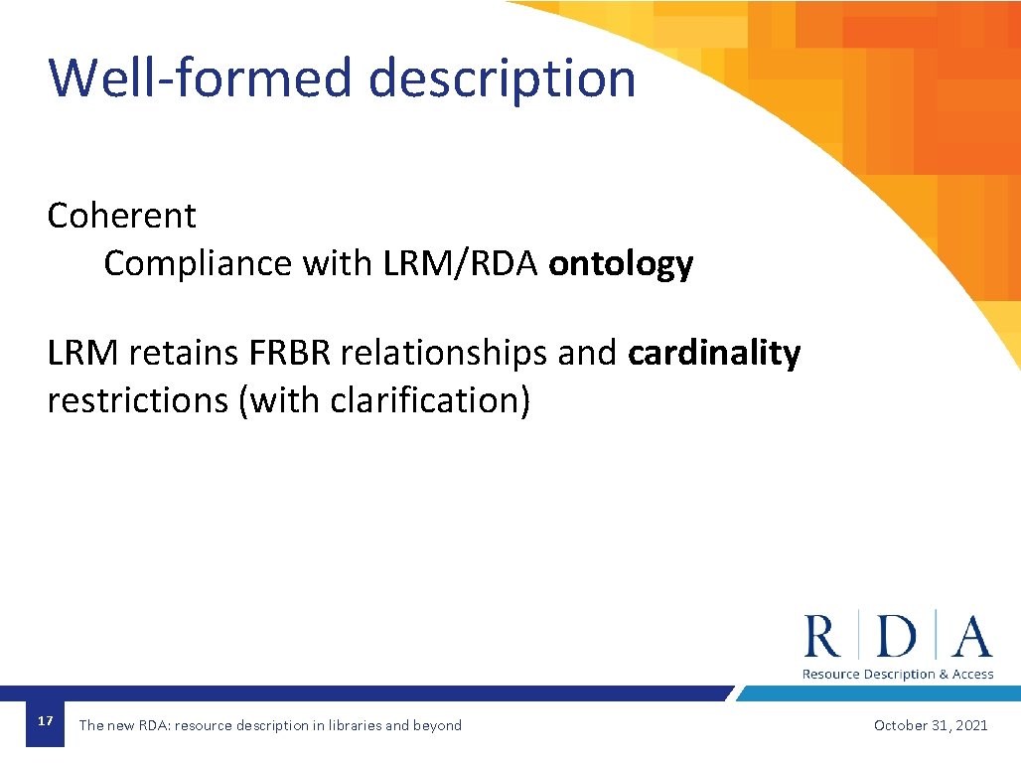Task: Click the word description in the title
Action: (x=502, y=79)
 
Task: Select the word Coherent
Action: (x=121, y=216)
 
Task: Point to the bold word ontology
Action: (x=621, y=264)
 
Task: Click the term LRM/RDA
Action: (x=460, y=264)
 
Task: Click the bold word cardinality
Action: (x=714, y=353)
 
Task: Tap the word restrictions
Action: (x=137, y=400)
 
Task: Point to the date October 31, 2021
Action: (x=931, y=725)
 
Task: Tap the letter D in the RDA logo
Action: (x=898, y=637)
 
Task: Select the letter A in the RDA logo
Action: (x=971, y=637)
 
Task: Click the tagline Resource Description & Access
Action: (x=898, y=675)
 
